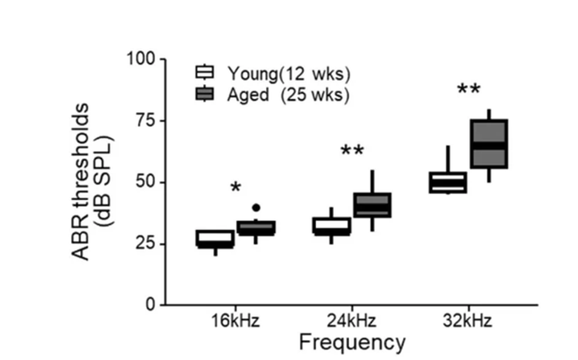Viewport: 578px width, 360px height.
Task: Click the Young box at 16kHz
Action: [215, 239]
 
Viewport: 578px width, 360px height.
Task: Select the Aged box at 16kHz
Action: [257, 227]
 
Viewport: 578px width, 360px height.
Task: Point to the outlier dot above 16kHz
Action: [257, 207]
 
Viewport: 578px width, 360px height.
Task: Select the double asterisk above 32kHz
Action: [468, 89]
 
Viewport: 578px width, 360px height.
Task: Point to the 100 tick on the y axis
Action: [142, 59]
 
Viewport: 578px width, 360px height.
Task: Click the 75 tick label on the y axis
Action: [146, 121]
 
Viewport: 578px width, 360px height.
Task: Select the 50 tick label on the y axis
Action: [146, 182]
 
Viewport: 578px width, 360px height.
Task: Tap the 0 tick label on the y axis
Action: [151, 304]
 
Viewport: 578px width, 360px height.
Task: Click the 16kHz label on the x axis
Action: [235, 321]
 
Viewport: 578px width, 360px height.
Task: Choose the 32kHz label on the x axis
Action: [467, 321]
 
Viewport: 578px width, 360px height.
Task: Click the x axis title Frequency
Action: [352, 342]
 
